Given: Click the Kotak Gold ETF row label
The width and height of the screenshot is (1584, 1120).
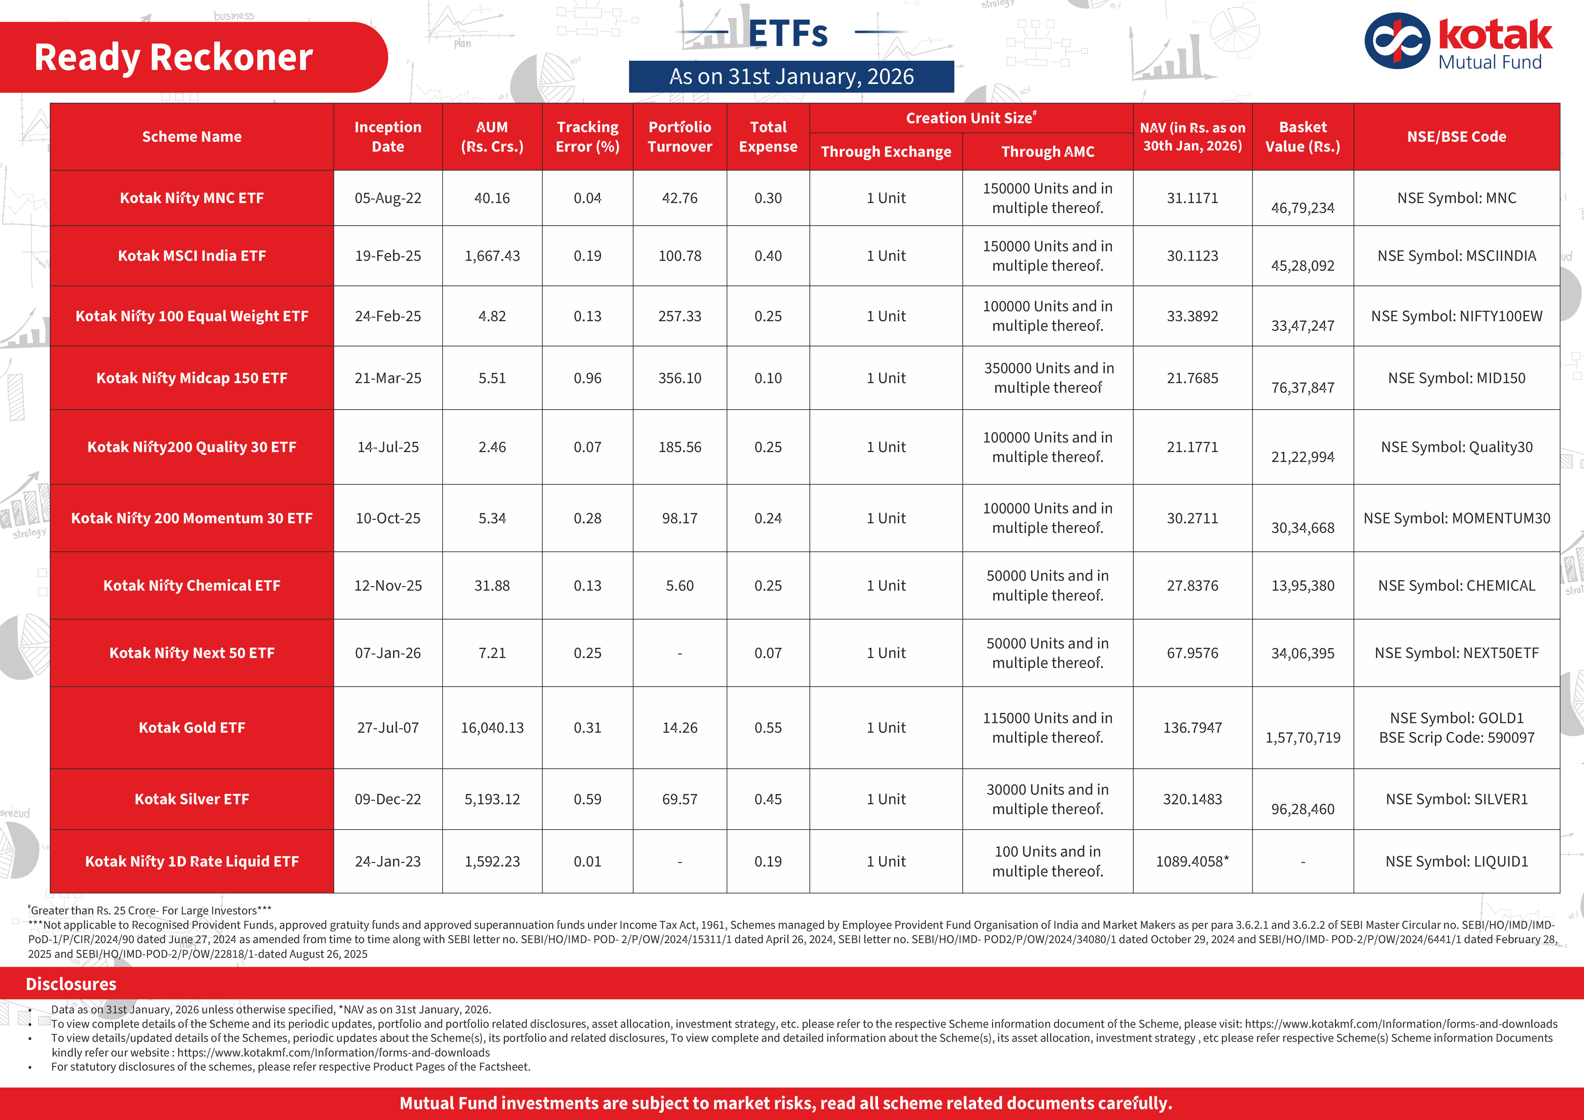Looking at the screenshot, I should tap(192, 728).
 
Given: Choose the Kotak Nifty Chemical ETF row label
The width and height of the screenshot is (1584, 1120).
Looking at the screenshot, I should tap(192, 586).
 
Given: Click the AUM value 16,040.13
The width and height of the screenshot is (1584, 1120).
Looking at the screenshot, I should tap(492, 728).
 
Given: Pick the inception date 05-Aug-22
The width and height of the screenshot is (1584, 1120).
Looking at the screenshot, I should tap(388, 198).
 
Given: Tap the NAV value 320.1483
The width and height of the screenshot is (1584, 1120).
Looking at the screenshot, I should tap(1192, 799).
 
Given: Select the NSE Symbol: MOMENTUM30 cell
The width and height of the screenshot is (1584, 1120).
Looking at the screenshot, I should tap(1456, 518).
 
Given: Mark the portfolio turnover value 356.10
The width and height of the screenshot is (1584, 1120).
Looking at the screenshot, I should tap(679, 378).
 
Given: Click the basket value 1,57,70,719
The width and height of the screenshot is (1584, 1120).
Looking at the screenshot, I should tap(1302, 737).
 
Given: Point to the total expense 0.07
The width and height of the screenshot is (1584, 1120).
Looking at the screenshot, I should tap(768, 653).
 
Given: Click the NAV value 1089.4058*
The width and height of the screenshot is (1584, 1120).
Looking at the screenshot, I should tap(1192, 861).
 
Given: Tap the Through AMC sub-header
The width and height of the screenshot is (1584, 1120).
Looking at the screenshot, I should tap(1047, 152).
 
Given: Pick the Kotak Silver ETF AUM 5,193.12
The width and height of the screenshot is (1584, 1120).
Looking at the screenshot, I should tap(492, 799).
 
